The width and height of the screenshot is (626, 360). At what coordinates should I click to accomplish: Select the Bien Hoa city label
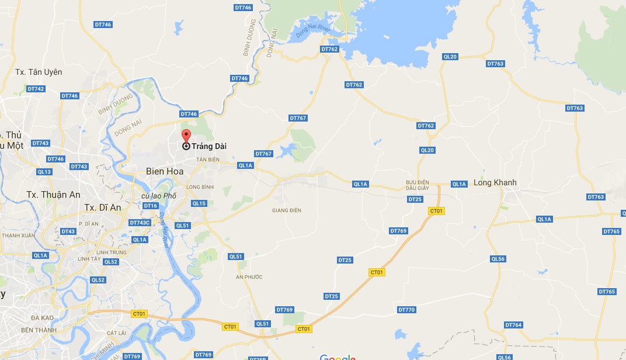[164, 171]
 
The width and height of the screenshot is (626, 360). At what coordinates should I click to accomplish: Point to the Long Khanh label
[495, 182]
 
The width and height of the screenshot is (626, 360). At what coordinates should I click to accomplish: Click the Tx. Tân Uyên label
[39, 72]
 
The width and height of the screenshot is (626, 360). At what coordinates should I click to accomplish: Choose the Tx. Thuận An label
[53, 194]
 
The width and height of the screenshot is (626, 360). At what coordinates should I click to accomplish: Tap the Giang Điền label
[286, 210]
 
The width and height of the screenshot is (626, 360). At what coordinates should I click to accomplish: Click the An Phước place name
[249, 276]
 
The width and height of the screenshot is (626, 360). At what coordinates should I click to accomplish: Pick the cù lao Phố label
[159, 195]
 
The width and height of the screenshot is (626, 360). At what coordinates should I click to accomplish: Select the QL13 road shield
[44, 172]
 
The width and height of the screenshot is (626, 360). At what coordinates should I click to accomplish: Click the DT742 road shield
[36, 89]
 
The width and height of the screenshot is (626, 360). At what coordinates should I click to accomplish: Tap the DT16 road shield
[151, 206]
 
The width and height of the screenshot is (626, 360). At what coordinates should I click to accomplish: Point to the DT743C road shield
[140, 223]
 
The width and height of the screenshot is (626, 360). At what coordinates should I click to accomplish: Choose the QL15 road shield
[199, 203]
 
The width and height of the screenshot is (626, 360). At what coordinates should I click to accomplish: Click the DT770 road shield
[406, 310]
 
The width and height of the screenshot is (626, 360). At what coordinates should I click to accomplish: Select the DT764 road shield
[513, 325]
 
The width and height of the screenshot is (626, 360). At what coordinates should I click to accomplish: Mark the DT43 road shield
[68, 231]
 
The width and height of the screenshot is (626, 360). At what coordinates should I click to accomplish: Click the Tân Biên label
[207, 160]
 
